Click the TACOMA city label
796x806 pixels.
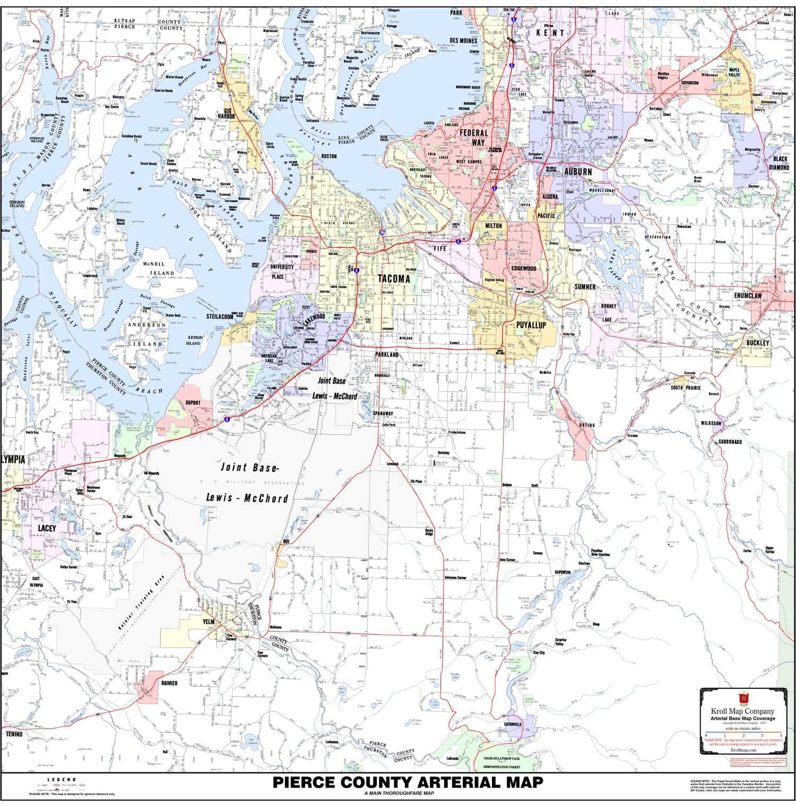click(x=393, y=279)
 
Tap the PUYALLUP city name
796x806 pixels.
click(x=530, y=325)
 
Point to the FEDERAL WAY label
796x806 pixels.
click(x=474, y=138)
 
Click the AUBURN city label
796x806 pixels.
click(x=577, y=172)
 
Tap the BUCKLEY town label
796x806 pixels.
click(x=757, y=342)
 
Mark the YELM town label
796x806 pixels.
click(x=208, y=622)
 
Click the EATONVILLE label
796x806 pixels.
click(x=512, y=724)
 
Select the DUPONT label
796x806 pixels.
click(x=193, y=402)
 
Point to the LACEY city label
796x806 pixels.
click(x=47, y=528)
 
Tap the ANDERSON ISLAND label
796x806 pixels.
click(x=147, y=334)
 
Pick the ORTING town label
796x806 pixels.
click(x=587, y=425)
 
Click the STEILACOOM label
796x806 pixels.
click(x=220, y=317)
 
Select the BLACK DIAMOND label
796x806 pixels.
click(x=779, y=163)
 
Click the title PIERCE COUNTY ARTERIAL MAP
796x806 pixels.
click(x=408, y=782)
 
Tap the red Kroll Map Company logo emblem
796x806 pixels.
click(x=743, y=699)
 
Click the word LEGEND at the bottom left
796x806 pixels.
click(x=62, y=780)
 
